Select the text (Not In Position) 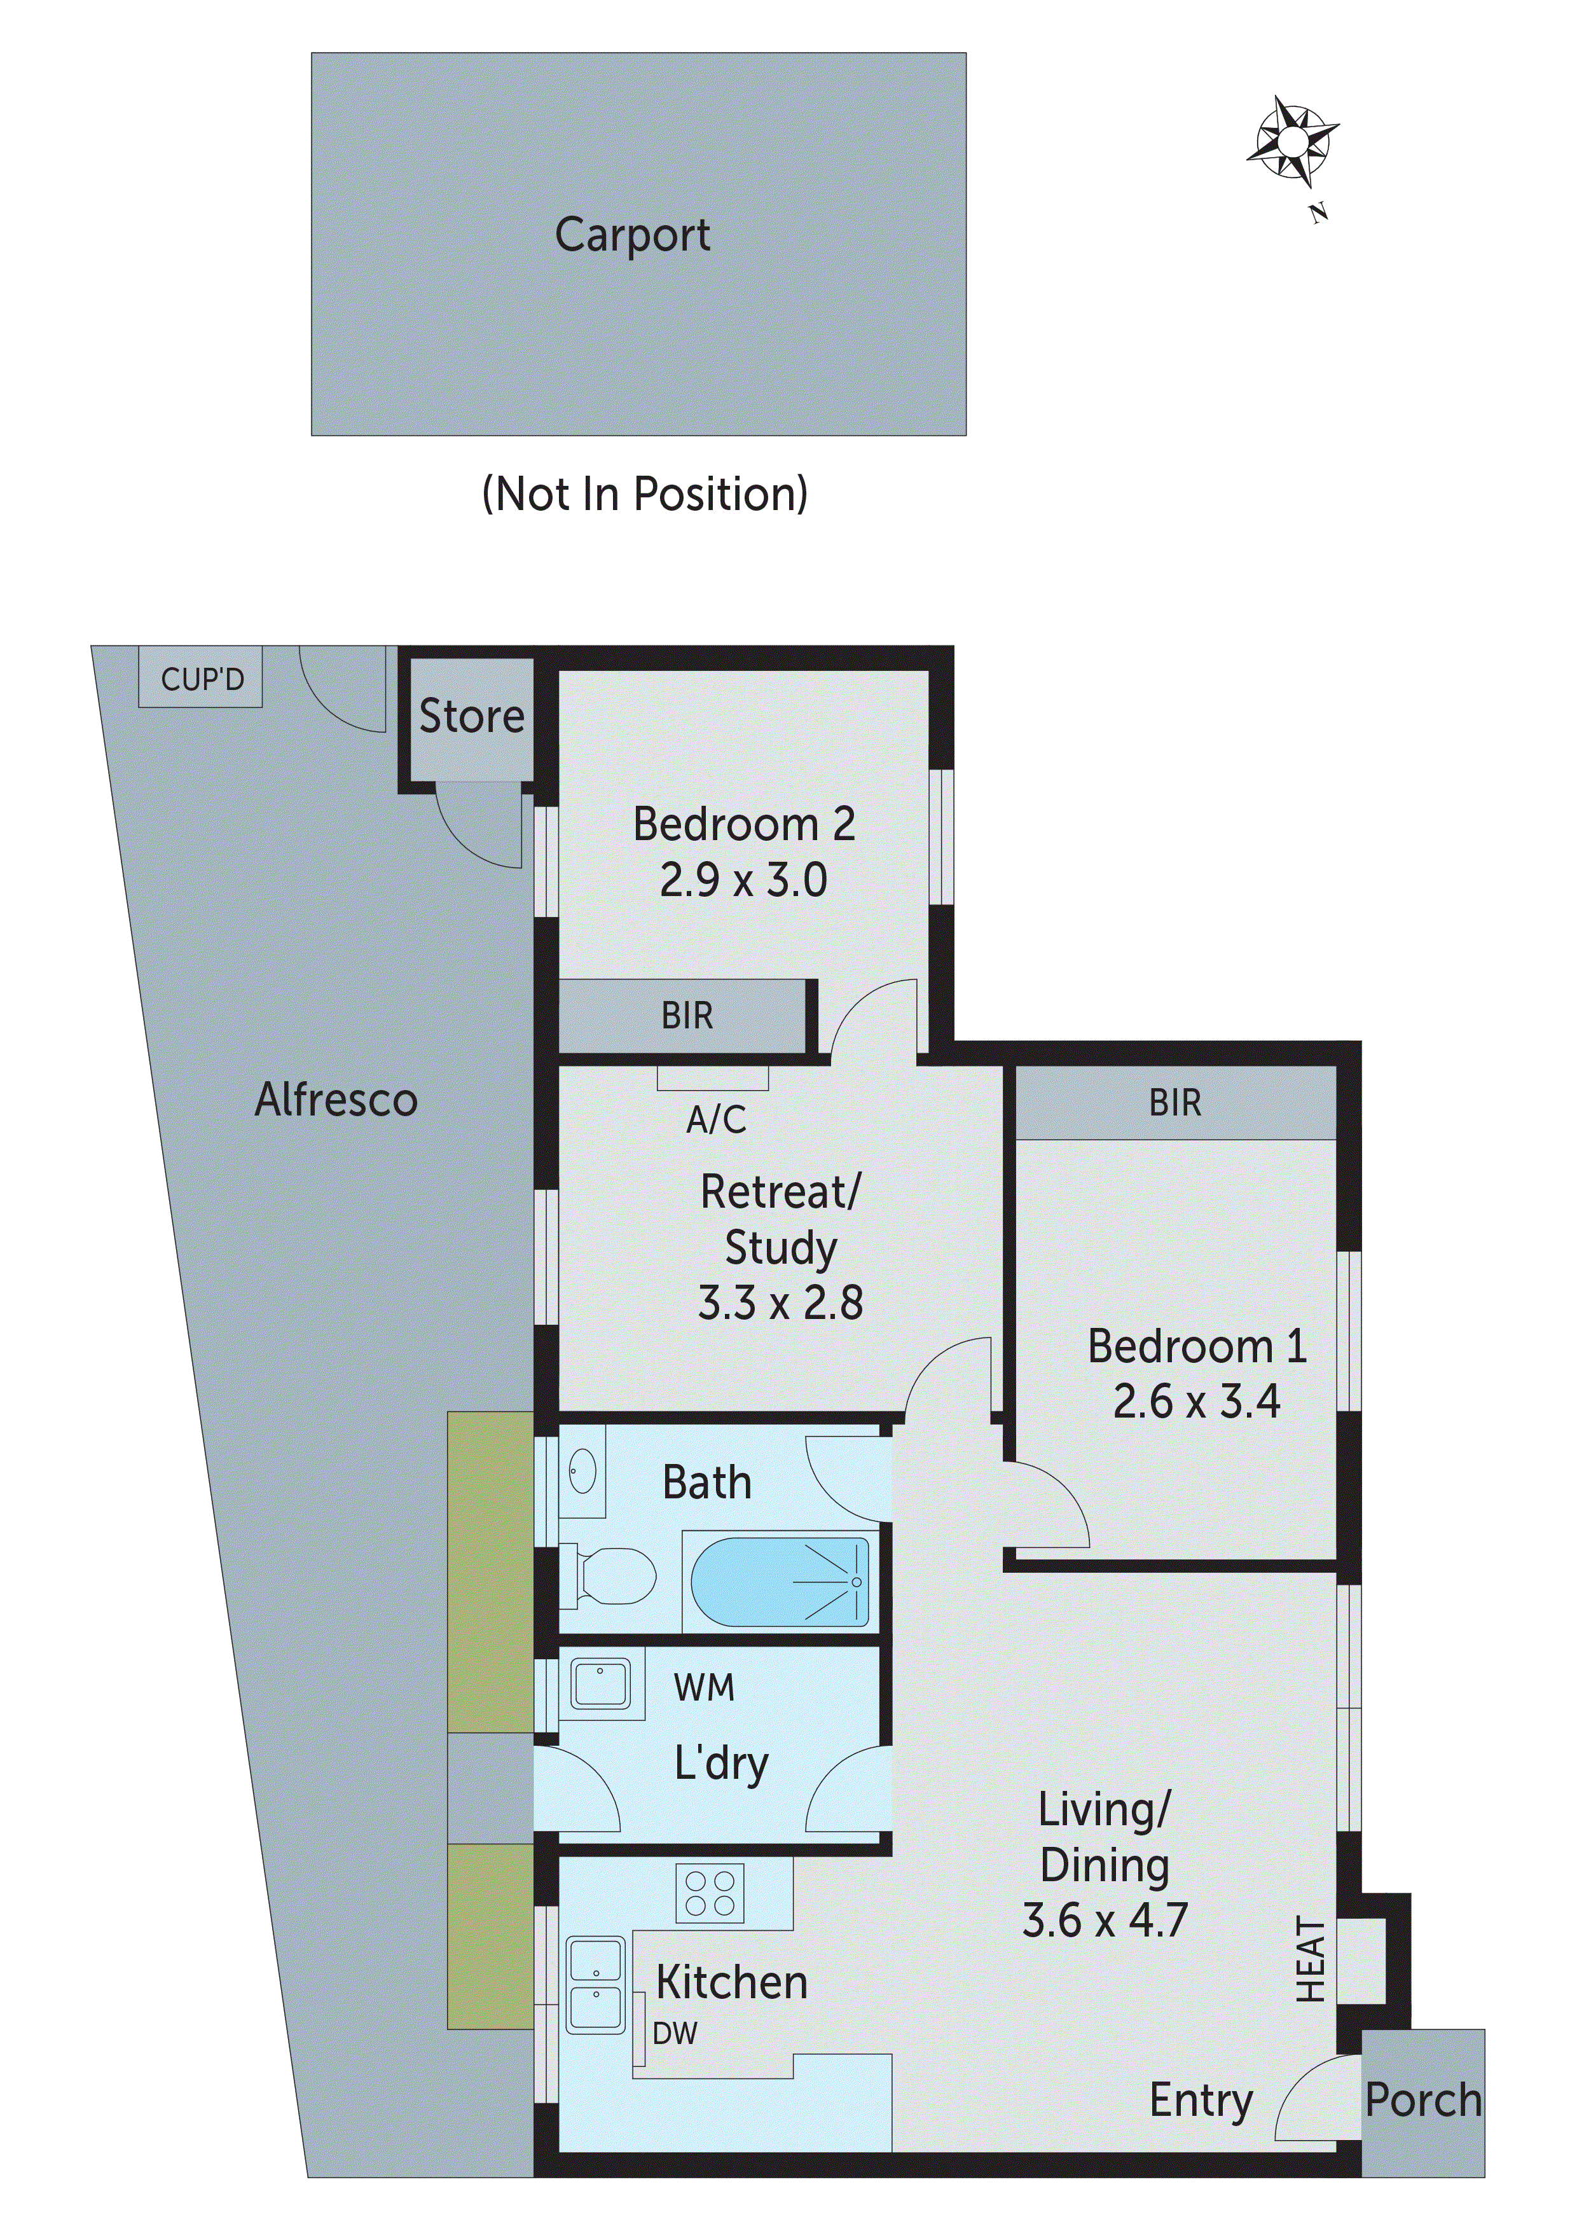644,494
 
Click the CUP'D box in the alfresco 201,678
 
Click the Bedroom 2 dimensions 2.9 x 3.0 743,880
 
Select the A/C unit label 716,1119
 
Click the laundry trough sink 600,1685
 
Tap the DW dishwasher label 674,2033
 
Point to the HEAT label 1311,1959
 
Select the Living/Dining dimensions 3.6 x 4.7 1105,1920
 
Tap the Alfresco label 336,1100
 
